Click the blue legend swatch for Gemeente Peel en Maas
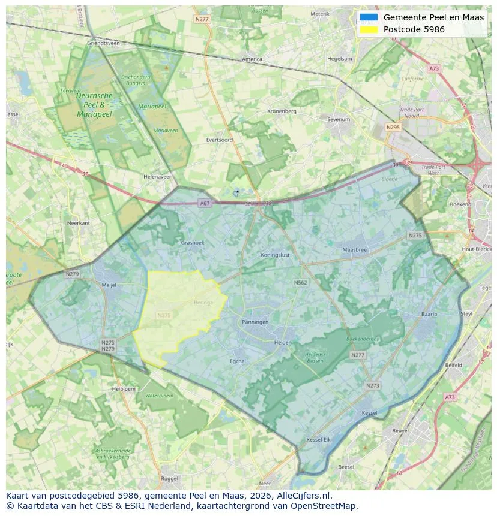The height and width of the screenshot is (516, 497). point(369,17)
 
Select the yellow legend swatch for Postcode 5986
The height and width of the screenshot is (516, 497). point(369,29)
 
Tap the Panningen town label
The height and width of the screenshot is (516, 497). point(255,322)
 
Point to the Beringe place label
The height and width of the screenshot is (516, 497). point(203,303)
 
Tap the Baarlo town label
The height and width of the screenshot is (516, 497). point(429,314)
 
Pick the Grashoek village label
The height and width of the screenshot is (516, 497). point(193,243)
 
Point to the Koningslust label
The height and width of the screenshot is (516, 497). point(276,255)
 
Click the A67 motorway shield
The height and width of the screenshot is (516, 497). point(205,204)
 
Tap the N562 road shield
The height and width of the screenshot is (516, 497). point(300,282)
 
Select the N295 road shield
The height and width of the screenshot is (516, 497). point(393,128)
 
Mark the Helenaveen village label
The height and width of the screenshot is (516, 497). point(158,177)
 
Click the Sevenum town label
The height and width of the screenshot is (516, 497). point(338,119)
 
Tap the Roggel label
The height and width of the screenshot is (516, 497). point(170,478)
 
